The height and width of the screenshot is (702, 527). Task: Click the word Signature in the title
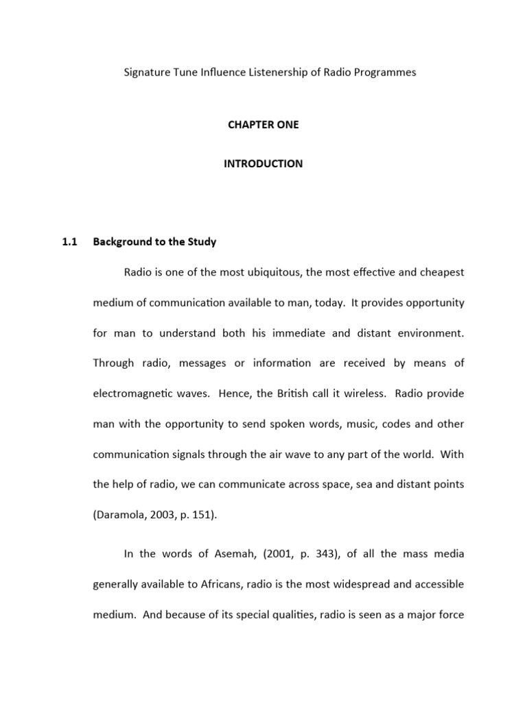click(x=145, y=72)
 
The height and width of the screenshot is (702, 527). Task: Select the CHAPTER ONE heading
click(x=263, y=125)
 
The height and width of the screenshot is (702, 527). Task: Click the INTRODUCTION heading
click(x=263, y=164)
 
